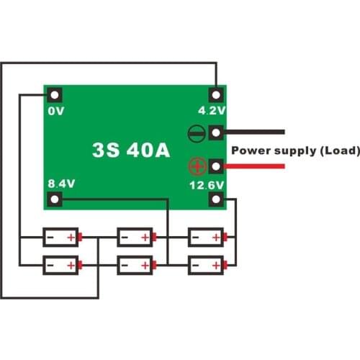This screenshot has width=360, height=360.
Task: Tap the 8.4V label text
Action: tap(60, 184)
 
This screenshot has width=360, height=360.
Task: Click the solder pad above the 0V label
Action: tap(55, 95)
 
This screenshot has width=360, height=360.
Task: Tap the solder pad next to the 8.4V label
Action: tap(55, 198)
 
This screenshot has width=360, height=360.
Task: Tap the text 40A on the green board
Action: tap(148, 150)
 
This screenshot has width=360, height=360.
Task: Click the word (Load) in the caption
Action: tap(338, 150)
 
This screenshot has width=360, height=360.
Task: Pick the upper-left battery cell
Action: tap(61, 236)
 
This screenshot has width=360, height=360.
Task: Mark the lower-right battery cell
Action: tap(207, 265)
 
